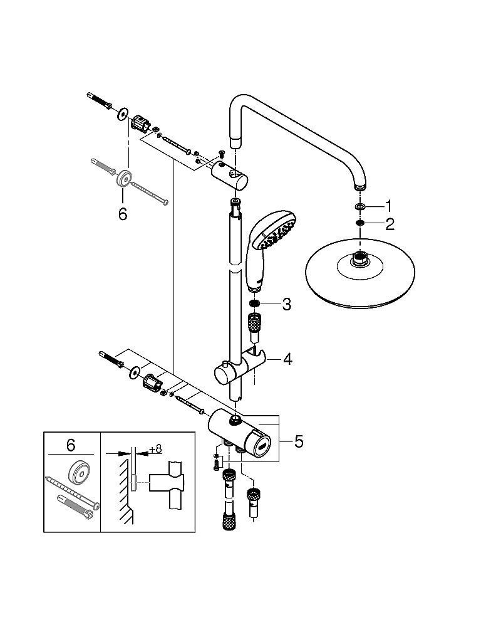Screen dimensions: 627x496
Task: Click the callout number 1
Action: coord(388,206)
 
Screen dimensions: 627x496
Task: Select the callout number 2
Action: coord(389,224)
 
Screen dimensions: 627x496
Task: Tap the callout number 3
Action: coord(286,305)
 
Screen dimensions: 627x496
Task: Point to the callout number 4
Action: coord(287,359)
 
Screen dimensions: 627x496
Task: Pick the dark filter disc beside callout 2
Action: coord(359,223)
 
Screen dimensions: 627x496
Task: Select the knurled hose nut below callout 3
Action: coord(254,326)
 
